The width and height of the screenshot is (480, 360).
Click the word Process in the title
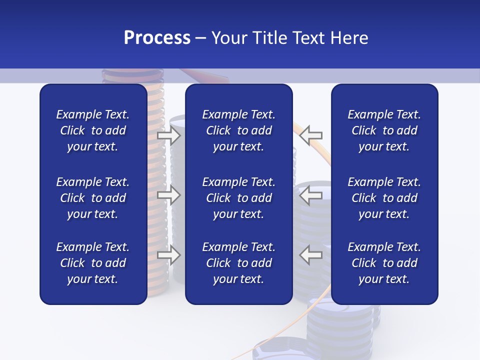[x=157, y=38]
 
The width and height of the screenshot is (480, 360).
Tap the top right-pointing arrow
[x=168, y=135]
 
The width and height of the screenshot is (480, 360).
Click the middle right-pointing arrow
[x=168, y=195]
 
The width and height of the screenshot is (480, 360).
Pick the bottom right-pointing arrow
[x=168, y=255]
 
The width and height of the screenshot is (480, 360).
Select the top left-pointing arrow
[x=311, y=135]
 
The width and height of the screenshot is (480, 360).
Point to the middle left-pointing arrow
[x=311, y=195]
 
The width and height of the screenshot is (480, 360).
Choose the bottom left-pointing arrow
[x=311, y=255]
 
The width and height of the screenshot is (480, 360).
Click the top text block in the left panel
[x=93, y=130]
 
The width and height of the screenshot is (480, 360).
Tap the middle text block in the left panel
[x=93, y=198]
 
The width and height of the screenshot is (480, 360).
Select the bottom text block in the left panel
[x=93, y=263]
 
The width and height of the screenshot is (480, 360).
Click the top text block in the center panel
[x=238, y=130]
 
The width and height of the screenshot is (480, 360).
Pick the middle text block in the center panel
[x=238, y=198]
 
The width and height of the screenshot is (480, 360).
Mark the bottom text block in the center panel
[x=238, y=263]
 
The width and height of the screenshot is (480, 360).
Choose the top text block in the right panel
[x=384, y=130]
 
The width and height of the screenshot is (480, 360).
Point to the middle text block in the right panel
[x=384, y=198]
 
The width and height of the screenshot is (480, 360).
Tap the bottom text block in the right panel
[x=384, y=263]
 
